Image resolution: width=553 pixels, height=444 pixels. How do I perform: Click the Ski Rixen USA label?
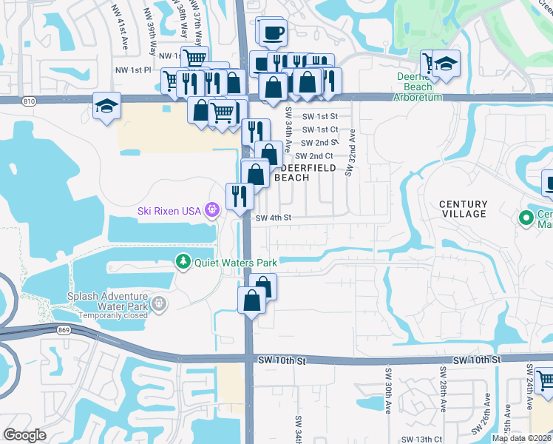coord(169,211)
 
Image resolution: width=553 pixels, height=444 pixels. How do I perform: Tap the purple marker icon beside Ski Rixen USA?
coord(212,210)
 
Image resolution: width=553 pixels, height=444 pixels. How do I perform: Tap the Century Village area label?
coord(463,209)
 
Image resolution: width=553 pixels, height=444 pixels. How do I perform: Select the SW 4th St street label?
coord(274,218)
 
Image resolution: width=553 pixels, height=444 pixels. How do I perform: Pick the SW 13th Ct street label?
coord(424,439)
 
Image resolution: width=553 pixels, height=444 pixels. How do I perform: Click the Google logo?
coord(25,435)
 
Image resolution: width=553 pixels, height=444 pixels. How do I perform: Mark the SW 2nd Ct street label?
coord(314,156)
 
